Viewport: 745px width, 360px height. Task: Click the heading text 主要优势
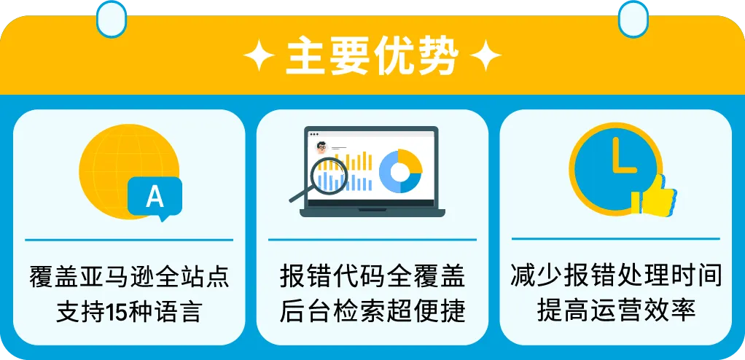point(372,57)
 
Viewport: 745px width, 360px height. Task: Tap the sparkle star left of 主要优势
point(259,55)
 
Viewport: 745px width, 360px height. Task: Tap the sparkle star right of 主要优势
point(485,55)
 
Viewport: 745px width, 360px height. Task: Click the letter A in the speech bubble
point(155,196)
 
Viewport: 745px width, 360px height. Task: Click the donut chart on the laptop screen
point(400,171)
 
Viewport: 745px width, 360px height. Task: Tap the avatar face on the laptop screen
point(321,146)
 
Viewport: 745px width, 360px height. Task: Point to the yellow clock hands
point(622,156)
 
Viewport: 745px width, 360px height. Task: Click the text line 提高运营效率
point(616,311)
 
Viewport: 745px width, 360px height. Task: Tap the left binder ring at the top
point(112,18)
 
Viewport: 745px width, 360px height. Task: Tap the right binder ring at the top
point(633,18)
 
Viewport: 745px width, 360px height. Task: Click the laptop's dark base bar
point(372,213)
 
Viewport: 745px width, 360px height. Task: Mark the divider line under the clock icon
point(616,239)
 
